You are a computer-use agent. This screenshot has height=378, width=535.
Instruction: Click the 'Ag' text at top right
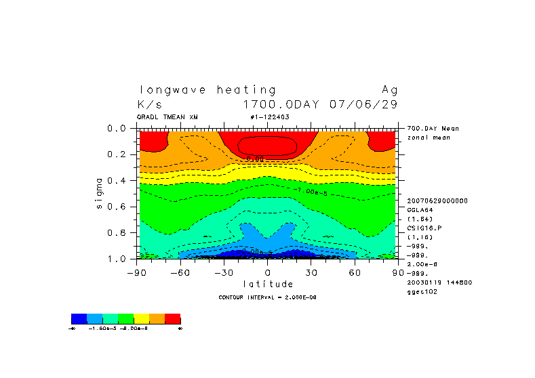(389, 89)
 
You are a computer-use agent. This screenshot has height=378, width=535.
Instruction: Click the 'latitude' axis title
(268, 284)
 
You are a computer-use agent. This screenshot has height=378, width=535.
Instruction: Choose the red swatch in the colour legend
(173, 318)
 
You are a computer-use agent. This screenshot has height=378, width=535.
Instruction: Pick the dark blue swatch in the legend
(79, 318)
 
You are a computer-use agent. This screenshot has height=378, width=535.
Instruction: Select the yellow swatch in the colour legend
(142, 318)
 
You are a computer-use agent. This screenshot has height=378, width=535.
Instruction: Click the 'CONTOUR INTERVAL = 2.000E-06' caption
(267, 297)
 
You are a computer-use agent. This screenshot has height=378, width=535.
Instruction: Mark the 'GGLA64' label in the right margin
(420, 210)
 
